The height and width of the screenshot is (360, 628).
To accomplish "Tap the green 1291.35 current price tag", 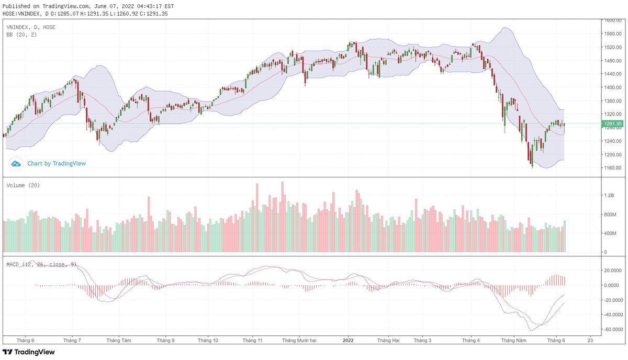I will (612, 124).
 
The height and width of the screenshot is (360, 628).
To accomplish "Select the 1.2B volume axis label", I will (608, 195).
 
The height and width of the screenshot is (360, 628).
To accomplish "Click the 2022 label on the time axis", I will (349, 340).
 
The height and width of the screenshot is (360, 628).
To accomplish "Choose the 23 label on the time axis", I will (591, 340).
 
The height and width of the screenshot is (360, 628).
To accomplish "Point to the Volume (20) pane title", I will (23, 185).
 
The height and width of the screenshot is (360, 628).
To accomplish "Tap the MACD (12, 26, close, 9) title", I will (41, 264).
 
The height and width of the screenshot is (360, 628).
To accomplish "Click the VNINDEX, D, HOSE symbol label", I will (31, 27).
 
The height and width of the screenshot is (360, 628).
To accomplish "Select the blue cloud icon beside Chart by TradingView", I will (16, 164).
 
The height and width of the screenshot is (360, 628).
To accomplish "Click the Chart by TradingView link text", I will (57, 164).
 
